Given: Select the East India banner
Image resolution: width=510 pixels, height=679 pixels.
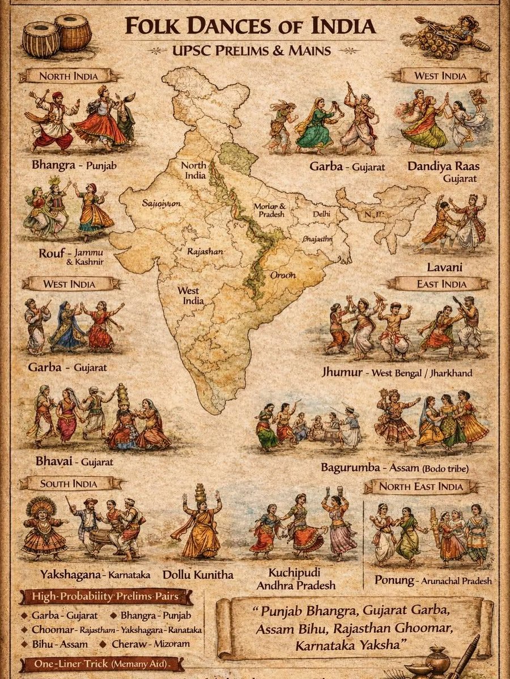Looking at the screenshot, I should tap(441, 283).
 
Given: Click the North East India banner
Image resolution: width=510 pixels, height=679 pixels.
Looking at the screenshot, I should tap(420, 486).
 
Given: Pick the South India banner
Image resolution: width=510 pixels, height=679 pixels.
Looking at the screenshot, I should tap(69, 484).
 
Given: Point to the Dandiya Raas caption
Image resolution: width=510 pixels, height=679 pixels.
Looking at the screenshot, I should tap(443, 167).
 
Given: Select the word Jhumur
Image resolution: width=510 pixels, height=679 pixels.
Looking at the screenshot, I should tap(341, 373).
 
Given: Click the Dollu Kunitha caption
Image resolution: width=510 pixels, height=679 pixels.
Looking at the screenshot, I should tap(198, 574).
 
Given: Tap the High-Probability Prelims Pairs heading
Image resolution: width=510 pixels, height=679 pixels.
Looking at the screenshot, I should tap(105, 597).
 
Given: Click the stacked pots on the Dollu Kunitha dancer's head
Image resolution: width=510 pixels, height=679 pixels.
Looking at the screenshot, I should tap(201, 492).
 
